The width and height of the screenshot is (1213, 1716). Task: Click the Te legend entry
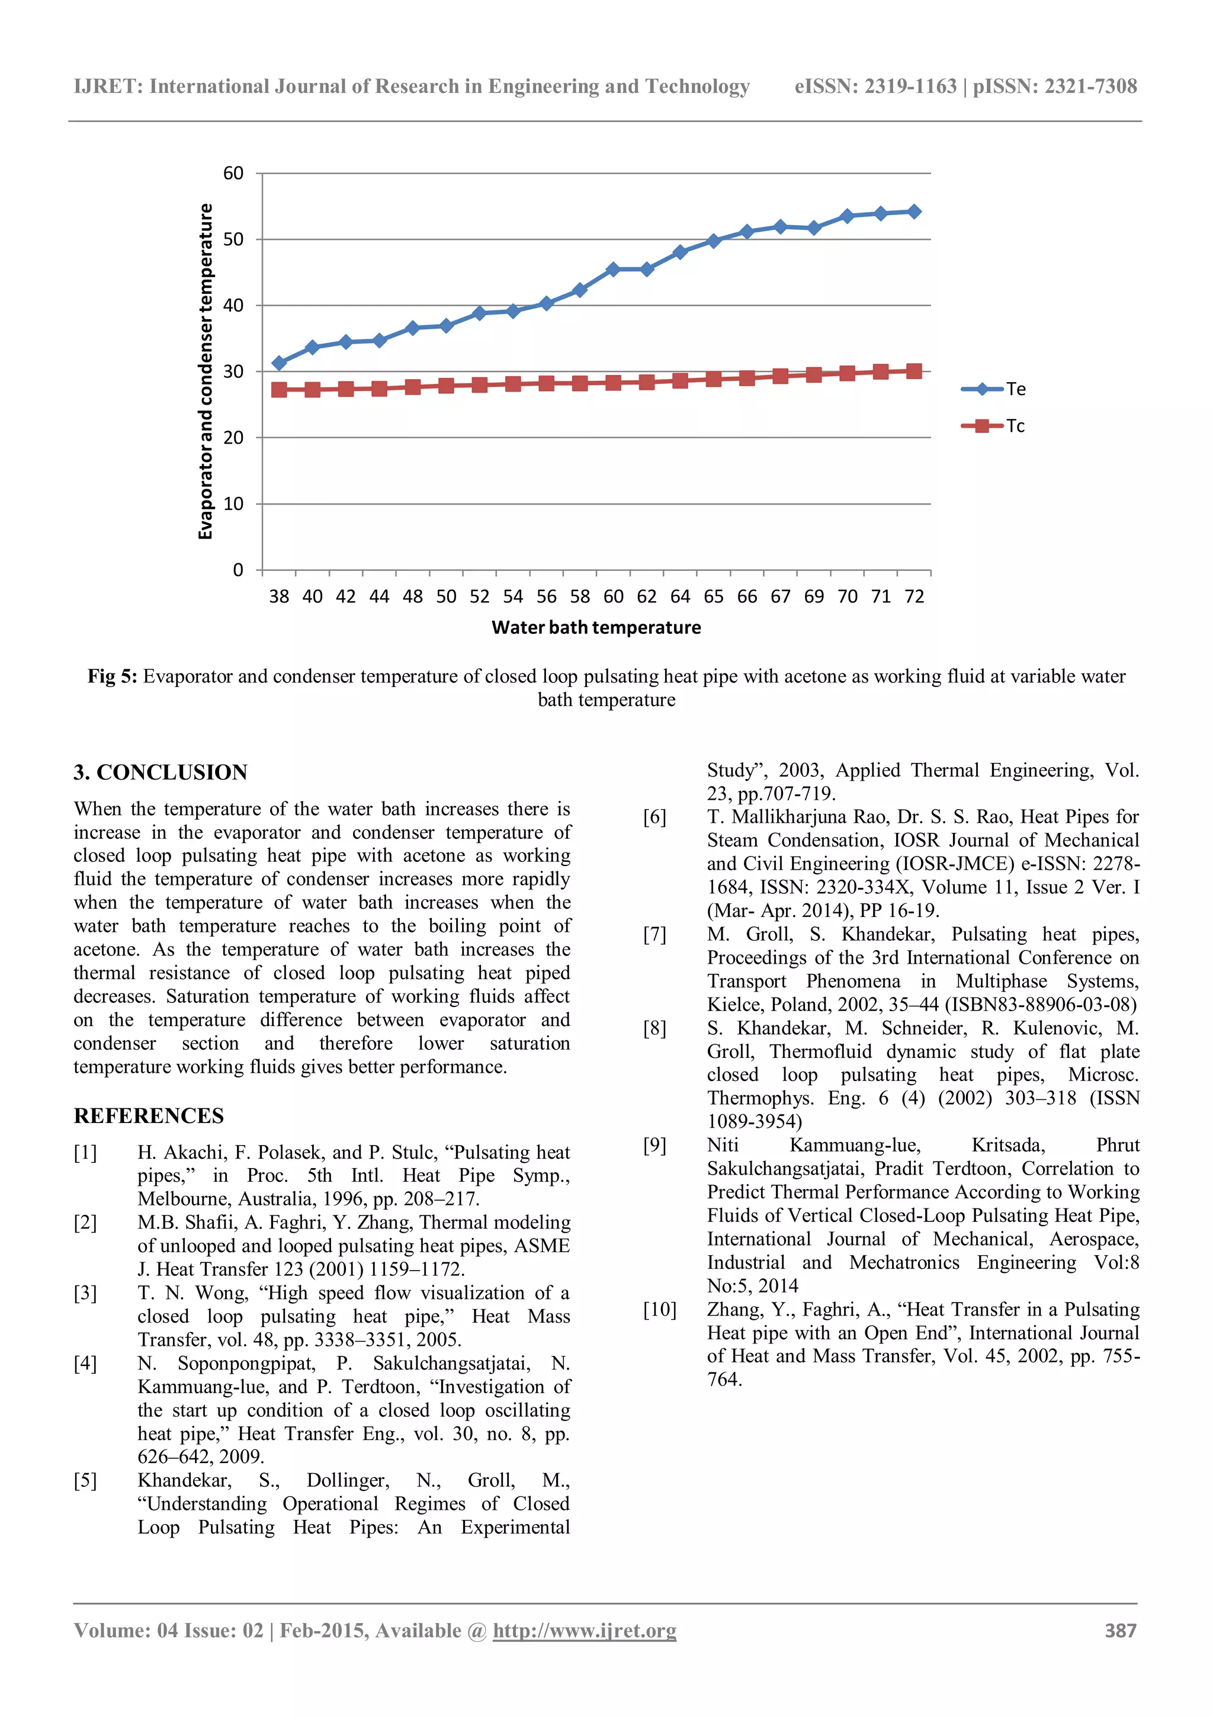point(994,389)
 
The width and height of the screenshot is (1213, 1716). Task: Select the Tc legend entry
point(994,426)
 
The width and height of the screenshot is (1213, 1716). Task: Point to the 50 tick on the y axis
point(233,239)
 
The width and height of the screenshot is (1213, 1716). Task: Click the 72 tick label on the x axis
point(914,596)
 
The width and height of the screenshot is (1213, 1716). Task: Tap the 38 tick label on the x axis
point(279,596)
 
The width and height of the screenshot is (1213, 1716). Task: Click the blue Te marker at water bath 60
point(613,269)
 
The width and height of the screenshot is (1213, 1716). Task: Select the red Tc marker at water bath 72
point(914,371)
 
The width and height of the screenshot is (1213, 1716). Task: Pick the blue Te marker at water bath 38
point(279,363)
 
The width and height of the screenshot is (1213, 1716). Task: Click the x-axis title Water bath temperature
point(596,628)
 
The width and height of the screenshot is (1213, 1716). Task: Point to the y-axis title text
point(206,371)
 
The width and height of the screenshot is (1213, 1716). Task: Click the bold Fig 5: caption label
point(112,676)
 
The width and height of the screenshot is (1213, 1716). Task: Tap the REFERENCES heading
point(148,1116)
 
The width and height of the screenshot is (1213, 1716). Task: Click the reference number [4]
point(85,1364)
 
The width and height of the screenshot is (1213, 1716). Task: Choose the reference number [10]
point(659,1310)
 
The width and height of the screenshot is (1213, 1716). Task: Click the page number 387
point(1121,1631)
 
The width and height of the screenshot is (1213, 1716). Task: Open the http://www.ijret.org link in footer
point(585,1631)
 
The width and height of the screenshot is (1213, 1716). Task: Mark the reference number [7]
point(654,934)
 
